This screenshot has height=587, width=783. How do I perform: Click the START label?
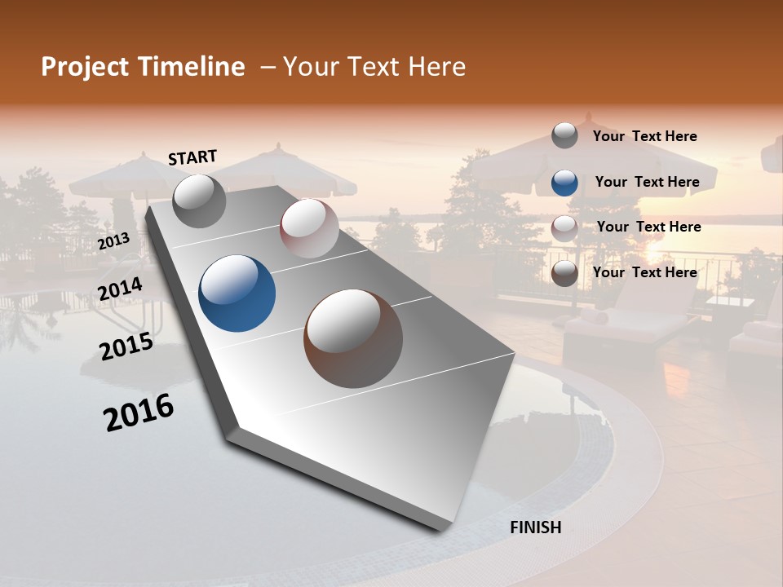pyautogui.click(x=192, y=157)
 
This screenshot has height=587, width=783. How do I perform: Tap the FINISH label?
pyautogui.click(x=536, y=527)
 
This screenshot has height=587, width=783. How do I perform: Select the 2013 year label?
pyautogui.click(x=114, y=241)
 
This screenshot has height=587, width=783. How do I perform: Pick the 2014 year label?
pyautogui.click(x=120, y=289)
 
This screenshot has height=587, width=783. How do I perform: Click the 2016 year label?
pyautogui.click(x=139, y=413)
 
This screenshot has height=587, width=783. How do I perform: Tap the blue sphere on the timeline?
pyautogui.click(x=237, y=293)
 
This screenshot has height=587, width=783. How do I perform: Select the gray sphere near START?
pyautogui.click(x=200, y=201)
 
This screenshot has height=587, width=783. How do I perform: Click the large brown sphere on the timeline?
pyautogui.click(x=353, y=338)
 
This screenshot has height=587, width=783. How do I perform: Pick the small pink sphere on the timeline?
pyautogui.click(x=309, y=228)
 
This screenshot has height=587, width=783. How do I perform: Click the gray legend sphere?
pyautogui.click(x=564, y=135)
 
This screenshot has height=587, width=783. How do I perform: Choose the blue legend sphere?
pyautogui.click(x=564, y=182)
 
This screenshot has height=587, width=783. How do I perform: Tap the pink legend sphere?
pyautogui.click(x=564, y=227)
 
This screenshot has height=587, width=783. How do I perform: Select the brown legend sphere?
pyautogui.click(x=564, y=273)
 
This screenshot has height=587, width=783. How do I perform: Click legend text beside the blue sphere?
pyautogui.click(x=647, y=182)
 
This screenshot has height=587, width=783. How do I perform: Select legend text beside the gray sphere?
pyautogui.click(x=644, y=136)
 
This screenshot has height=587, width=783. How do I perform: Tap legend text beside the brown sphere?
pyautogui.click(x=644, y=272)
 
